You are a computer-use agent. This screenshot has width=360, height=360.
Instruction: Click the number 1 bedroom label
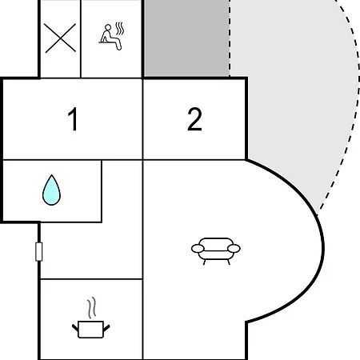[73, 119]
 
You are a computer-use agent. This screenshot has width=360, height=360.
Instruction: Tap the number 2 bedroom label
[194, 119]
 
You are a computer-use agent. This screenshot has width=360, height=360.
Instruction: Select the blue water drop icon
[51, 190]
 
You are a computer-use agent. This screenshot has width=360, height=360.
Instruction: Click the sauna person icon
[111, 37]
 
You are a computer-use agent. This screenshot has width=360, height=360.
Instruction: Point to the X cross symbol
[60, 38]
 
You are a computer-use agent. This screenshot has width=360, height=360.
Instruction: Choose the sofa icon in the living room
[216, 250]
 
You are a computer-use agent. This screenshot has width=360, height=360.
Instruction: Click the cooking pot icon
[91, 329]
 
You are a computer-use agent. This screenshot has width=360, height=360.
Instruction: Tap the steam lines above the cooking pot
[91, 308]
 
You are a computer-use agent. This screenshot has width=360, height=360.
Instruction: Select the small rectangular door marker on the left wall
[39, 251]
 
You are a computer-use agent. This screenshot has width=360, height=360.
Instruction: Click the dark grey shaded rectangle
[186, 38]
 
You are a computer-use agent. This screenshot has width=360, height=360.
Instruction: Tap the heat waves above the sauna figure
[120, 29]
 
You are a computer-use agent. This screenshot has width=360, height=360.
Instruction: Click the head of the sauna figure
[108, 27]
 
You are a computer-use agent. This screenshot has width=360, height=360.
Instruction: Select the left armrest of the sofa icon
[198, 249]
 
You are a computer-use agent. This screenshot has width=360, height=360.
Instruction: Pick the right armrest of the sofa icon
[234, 248]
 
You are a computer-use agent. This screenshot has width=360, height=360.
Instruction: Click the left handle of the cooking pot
[75, 328]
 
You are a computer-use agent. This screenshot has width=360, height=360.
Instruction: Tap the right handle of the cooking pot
[106, 328]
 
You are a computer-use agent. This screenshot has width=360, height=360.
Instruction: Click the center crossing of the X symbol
[60, 38]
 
